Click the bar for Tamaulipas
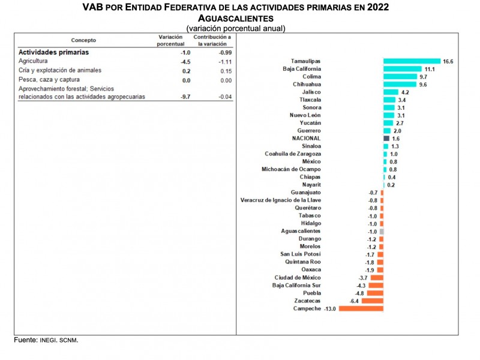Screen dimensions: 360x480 click(412, 61)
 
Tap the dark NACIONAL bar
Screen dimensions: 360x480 click(386, 139)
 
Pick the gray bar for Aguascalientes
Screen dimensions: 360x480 click(382, 231)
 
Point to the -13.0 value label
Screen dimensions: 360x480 click(330, 308)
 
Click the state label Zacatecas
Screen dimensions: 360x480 click(307, 301)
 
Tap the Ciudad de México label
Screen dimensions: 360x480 click(298, 277)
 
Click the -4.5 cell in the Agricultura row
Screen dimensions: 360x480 click(169, 61)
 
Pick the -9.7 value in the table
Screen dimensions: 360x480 click(169, 97)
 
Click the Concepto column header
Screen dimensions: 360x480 click(83, 40)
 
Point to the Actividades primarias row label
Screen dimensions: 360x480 click(51, 52)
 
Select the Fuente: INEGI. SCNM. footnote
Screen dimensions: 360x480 click(46, 340)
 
